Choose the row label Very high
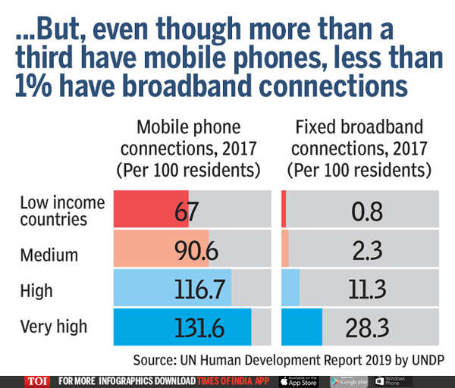53,327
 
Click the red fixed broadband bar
284,210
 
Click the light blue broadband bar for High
290,288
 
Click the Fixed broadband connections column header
357,147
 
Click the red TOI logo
35,380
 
